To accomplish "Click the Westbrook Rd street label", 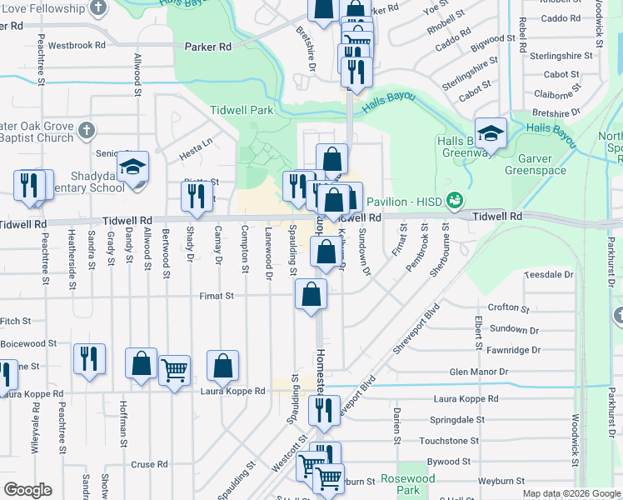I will click(x=77, y=45).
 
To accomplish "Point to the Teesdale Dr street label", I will click(x=547, y=274).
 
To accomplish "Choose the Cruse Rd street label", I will click(x=150, y=464).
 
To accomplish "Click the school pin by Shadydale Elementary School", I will click(x=132, y=167).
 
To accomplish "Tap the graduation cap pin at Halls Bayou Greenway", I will click(x=491, y=132).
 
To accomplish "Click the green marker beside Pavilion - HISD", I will click(x=453, y=200).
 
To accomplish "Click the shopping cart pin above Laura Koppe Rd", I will click(x=174, y=370).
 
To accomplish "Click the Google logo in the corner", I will click(x=27, y=490).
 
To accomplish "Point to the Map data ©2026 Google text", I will click(x=571, y=493).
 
